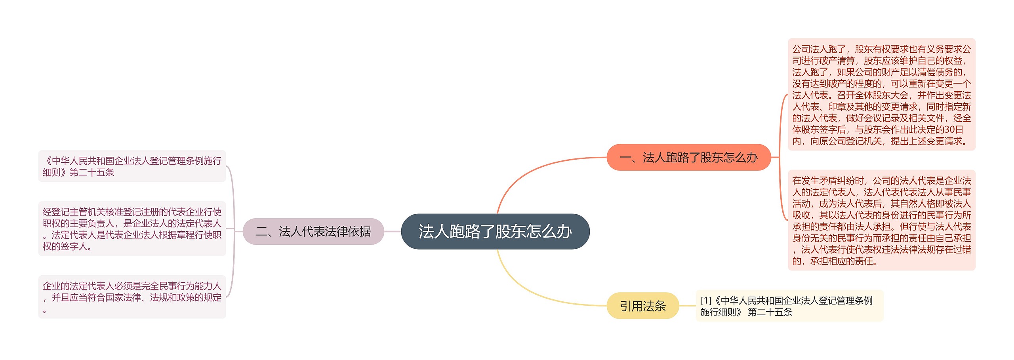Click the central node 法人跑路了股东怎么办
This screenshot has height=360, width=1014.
click(x=495, y=231)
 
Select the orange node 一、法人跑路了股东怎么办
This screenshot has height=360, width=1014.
click(x=688, y=158)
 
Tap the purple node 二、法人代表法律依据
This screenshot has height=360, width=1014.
click(x=313, y=231)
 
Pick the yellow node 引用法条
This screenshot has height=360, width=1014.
click(x=642, y=306)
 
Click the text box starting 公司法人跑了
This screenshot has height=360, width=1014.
click(x=881, y=95)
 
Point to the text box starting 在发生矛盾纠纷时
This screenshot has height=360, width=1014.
click(x=881, y=220)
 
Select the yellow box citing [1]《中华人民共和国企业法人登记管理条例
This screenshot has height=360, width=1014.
click(x=789, y=306)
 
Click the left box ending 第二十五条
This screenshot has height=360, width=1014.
click(x=132, y=166)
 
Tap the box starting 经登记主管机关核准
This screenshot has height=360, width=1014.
click(x=132, y=229)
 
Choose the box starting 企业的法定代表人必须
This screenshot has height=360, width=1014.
click(x=132, y=297)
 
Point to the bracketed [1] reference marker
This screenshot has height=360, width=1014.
click(x=706, y=301)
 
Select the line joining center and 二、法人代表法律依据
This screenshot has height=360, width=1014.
click(x=393, y=231)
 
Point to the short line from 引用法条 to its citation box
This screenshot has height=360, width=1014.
click(x=688, y=306)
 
